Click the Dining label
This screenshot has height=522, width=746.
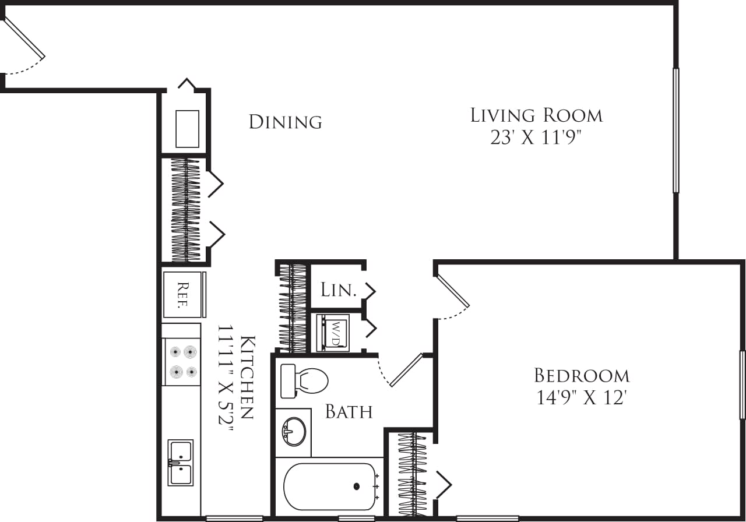click(285, 122)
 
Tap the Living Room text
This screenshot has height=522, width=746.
click(536, 115)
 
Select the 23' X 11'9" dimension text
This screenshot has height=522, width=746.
click(536, 139)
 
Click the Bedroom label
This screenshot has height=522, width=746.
click(582, 375)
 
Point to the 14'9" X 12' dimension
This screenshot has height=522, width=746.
click(582, 398)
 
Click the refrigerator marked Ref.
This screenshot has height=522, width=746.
click(183, 294)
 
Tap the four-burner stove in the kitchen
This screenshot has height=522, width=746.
click(181, 361)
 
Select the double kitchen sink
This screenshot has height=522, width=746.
click(180, 463)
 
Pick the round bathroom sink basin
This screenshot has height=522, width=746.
click(294, 432)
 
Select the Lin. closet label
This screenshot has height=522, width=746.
click(338, 290)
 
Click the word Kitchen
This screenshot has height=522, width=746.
click(247, 377)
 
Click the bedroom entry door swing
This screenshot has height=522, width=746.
click(453, 290)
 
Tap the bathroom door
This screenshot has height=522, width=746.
click(406, 370)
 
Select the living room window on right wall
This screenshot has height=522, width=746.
click(676, 130)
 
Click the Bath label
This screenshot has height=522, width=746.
click(349, 412)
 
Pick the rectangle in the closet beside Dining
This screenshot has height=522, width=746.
click(187, 129)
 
